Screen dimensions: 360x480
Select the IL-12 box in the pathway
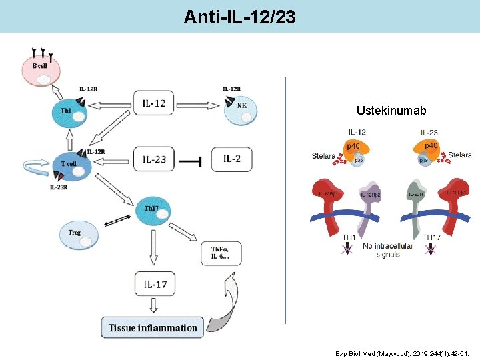(x=154, y=103)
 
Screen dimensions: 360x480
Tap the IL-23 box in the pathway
(x=154, y=159)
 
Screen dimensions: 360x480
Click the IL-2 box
(x=231, y=159)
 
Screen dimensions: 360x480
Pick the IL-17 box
(x=155, y=284)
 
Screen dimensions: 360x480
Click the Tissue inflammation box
(x=153, y=327)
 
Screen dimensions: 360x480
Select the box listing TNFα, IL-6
(x=221, y=253)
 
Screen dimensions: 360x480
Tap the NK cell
(x=240, y=109)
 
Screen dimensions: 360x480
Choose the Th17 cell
(x=154, y=213)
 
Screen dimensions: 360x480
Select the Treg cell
(x=79, y=233)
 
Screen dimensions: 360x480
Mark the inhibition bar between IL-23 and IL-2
(x=193, y=159)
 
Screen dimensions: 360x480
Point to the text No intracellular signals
(x=387, y=250)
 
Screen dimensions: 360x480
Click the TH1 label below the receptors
(x=349, y=237)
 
